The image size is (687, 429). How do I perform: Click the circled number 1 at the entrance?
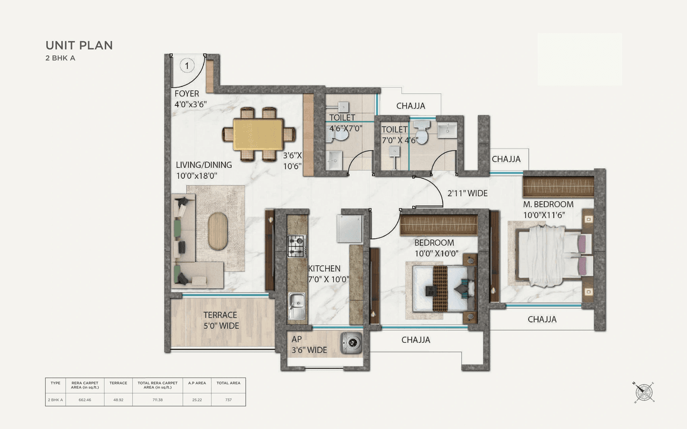pyautogui.click(x=186, y=66)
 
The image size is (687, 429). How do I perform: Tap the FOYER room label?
pyautogui.click(x=187, y=94)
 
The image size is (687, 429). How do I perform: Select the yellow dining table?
pyautogui.click(x=258, y=134)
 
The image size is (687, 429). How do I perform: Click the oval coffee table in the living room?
pyautogui.click(x=217, y=231)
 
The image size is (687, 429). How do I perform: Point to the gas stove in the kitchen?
pyautogui.click(x=296, y=246)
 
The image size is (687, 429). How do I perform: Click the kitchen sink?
pyautogui.click(x=296, y=306)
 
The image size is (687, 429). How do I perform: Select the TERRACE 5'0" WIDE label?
pyautogui.click(x=221, y=321)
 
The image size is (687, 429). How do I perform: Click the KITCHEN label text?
pyautogui.click(x=324, y=268)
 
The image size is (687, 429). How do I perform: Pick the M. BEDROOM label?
pyautogui.click(x=548, y=204)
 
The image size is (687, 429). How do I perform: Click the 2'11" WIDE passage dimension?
pyautogui.click(x=467, y=194)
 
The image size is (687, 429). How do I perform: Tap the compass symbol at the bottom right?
pyautogui.click(x=644, y=392)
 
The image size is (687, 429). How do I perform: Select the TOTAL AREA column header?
pyautogui.click(x=228, y=383)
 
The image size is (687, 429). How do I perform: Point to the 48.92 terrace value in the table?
pyautogui.click(x=118, y=400)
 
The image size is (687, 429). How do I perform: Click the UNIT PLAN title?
pyautogui.click(x=79, y=46)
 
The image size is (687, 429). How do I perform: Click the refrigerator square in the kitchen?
pyautogui.click(x=349, y=228)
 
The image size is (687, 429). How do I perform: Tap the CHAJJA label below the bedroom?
pyautogui.click(x=416, y=339)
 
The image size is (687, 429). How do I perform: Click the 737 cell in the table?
pyautogui.click(x=228, y=400)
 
